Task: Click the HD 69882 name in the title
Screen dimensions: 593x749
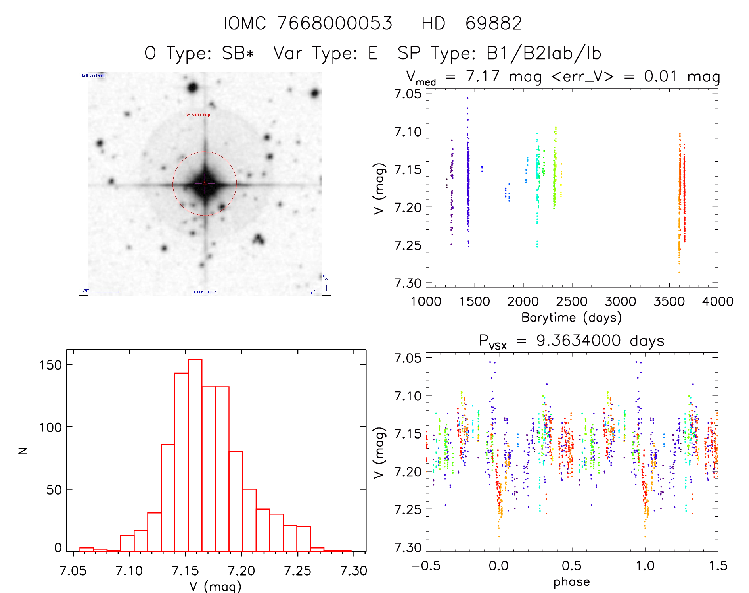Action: (x=471, y=23)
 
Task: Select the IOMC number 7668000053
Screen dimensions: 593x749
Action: (x=335, y=23)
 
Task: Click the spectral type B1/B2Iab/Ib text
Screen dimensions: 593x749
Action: (x=544, y=53)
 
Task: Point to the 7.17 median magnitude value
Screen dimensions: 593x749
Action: (x=483, y=76)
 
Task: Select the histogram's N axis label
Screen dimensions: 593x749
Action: (x=23, y=451)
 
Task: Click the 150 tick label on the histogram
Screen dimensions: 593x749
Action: (x=50, y=365)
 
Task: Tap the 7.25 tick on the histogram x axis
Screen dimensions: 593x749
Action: (x=297, y=571)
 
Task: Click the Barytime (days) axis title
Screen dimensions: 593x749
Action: (x=571, y=318)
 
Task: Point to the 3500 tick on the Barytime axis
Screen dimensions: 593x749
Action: (x=669, y=302)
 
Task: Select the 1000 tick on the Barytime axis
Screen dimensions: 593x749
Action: (x=426, y=302)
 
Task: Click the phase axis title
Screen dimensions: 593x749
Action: (x=571, y=582)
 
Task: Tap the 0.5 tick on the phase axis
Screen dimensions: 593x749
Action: (x=572, y=566)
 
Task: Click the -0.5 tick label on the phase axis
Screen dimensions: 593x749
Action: (x=426, y=566)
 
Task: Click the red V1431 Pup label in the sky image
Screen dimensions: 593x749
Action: (x=198, y=115)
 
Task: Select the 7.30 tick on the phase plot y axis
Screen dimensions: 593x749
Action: (x=408, y=547)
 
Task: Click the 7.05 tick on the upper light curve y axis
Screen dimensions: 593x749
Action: (x=408, y=94)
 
